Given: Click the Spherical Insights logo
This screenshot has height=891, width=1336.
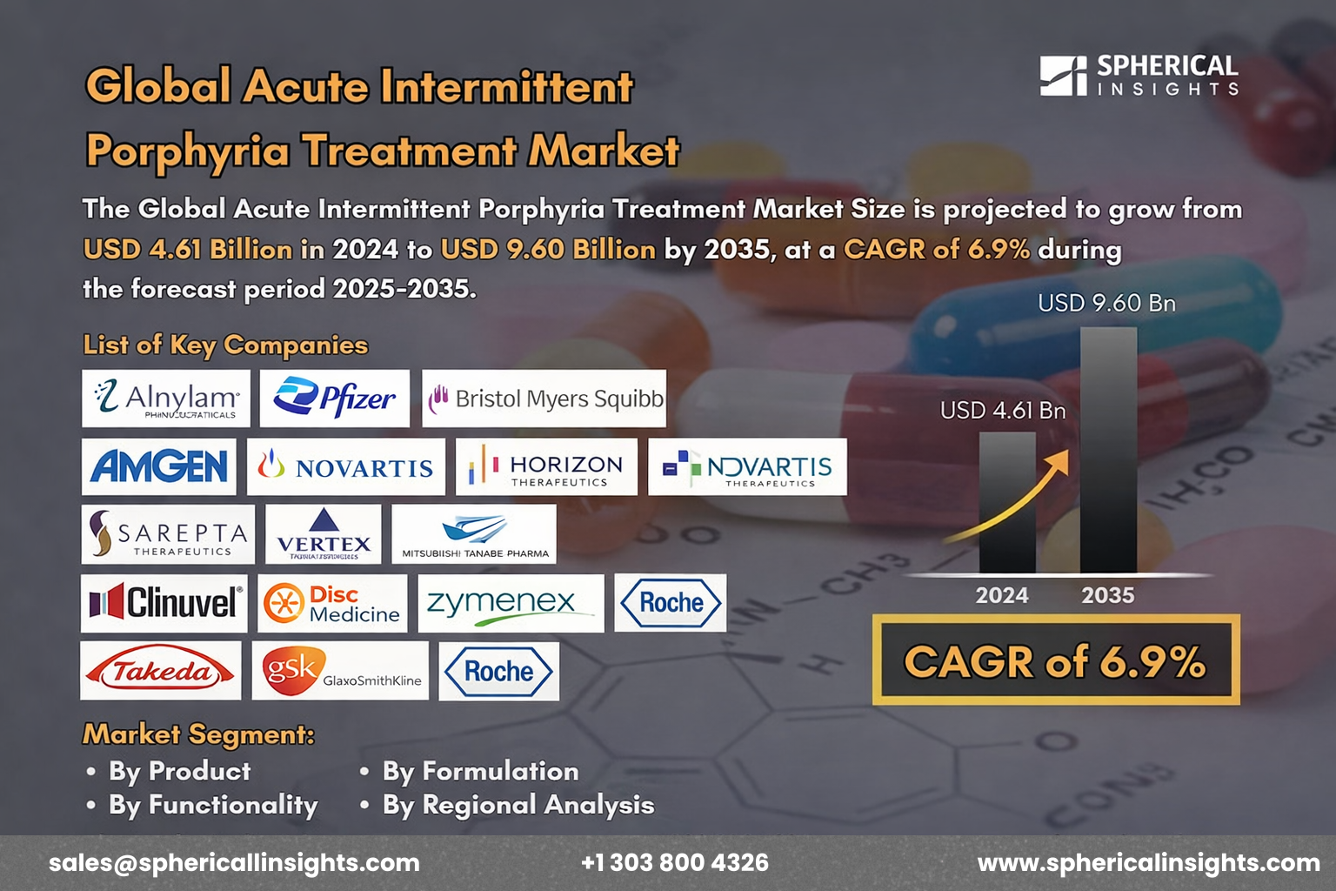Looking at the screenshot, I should (1139, 76).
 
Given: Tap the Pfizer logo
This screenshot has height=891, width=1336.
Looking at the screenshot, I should (335, 399).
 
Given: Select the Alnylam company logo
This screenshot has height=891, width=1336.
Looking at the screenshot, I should (166, 399).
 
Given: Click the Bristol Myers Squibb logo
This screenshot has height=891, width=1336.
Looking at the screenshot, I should (544, 399).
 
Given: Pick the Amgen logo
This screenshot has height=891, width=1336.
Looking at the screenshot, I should (159, 466).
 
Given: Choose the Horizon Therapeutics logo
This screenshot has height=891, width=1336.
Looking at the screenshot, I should (546, 466).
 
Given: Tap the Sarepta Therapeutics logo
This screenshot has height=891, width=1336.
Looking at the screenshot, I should (169, 533).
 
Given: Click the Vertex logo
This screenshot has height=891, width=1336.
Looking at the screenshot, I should (324, 533).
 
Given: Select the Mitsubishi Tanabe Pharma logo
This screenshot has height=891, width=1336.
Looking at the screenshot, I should (474, 533).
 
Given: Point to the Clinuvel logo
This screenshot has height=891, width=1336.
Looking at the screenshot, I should (164, 602).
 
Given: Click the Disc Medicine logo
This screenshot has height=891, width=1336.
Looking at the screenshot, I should (332, 602).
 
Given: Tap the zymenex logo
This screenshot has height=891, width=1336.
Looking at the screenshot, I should (511, 602).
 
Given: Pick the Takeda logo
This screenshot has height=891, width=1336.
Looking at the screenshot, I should (161, 670).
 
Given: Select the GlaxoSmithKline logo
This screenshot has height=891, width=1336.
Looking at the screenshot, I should (340, 670).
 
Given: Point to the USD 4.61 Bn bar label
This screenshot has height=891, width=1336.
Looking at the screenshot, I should (1003, 410).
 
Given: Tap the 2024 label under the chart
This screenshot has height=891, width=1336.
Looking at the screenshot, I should (1002, 595).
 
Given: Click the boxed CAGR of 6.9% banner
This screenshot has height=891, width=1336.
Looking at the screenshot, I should (1056, 660).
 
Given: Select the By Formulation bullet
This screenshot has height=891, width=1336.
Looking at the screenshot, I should (480, 771).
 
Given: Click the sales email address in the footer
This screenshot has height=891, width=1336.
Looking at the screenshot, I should (234, 862).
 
